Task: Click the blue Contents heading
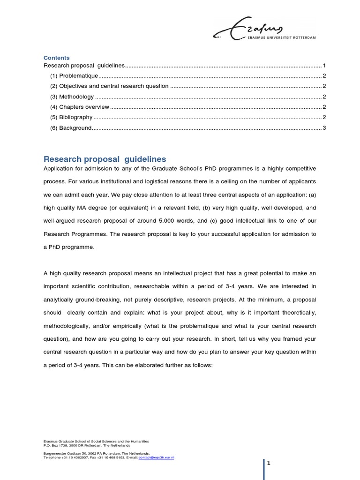coord(56,58)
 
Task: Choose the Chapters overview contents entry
coord(79,107)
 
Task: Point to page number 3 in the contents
coord(324,128)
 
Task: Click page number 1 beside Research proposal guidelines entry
coord(324,66)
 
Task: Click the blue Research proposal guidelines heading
coord(105,159)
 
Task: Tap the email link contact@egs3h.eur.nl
coord(156,457)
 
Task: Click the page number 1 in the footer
coord(269,463)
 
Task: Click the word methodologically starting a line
coord(66,326)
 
